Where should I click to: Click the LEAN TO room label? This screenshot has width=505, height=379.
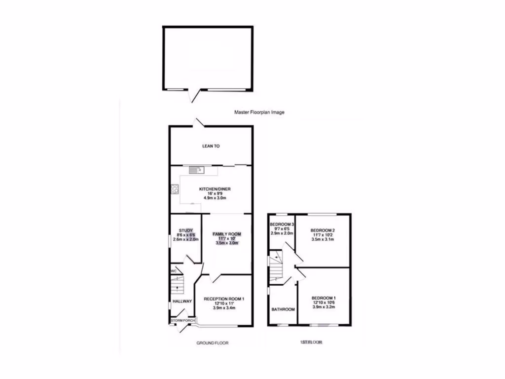coord(211,146)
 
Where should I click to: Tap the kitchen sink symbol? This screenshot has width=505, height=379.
coord(196,170)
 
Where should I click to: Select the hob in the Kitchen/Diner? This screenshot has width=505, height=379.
coord(174,188)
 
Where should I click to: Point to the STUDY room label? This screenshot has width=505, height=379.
coord(185,230)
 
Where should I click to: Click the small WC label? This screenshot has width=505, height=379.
coord(173,271)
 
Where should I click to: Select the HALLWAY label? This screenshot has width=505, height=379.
coord(182,301)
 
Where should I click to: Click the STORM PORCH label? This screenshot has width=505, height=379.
coord(183,321)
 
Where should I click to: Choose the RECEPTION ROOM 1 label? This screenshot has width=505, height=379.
coord(224,299)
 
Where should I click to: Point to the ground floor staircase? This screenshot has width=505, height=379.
coord(176,286)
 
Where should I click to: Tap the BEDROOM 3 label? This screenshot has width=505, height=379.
coord(282,225)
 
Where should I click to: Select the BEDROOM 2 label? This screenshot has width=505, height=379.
coord(323,230)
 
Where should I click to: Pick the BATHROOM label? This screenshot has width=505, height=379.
coord(283,309)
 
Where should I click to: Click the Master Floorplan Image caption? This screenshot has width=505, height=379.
coord(259,113)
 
